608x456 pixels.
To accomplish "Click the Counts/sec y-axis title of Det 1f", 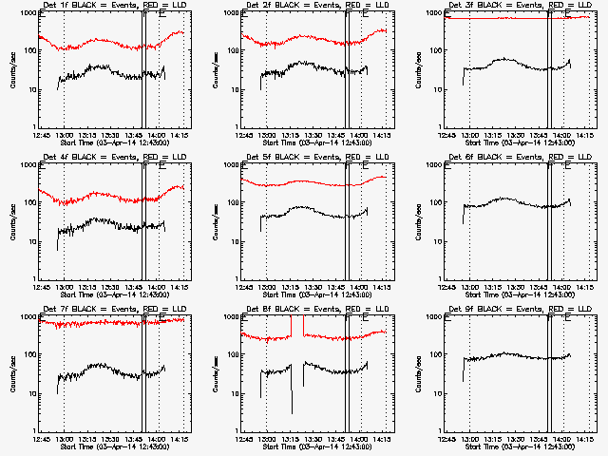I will click(x=12, y=70).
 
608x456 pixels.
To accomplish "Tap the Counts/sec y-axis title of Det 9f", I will click(x=416, y=374).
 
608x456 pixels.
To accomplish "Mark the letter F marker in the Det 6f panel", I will click(x=549, y=167).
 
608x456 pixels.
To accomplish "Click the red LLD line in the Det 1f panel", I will click(x=95, y=45).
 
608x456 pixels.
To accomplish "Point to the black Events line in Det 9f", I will click(x=513, y=356).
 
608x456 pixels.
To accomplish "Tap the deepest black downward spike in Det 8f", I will click(x=292, y=410).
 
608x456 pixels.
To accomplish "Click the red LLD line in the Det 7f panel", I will click(x=95, y=324).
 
